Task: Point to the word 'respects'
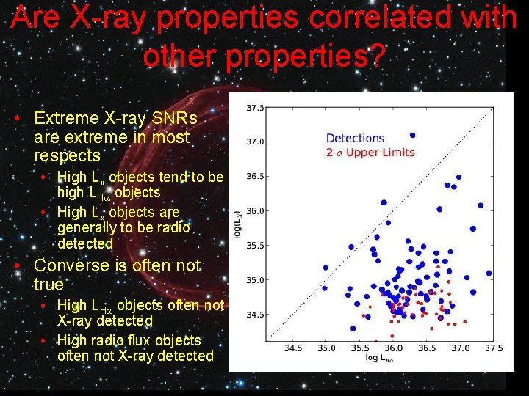66,156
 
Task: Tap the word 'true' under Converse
48,285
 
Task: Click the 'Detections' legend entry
355,138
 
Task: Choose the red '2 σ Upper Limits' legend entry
370,153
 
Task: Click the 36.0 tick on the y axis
254,211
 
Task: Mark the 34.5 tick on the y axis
254,315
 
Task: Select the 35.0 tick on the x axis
326,348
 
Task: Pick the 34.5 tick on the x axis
292,348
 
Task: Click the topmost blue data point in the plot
412,135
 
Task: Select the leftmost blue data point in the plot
325,268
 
